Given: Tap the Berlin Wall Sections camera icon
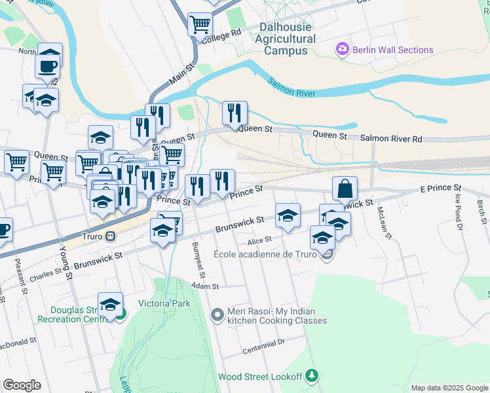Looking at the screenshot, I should tap(341, 49).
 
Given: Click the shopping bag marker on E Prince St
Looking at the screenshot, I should tap(345, 189).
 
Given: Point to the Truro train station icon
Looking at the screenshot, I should tap(111, 236).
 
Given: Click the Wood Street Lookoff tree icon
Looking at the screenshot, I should tap(313, 375).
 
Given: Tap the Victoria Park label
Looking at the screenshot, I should tap(164, 303).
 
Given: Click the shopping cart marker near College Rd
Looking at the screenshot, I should tap(200, 25).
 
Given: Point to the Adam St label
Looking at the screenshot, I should tap(205, 286).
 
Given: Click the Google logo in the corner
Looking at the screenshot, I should tap(22, 385).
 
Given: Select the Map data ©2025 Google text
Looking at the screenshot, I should tap(449, 388).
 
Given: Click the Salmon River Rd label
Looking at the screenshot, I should tap(391, 139).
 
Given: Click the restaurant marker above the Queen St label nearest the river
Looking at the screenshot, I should tap(234, 113).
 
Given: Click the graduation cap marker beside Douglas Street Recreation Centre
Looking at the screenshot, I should tap(110, 305).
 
